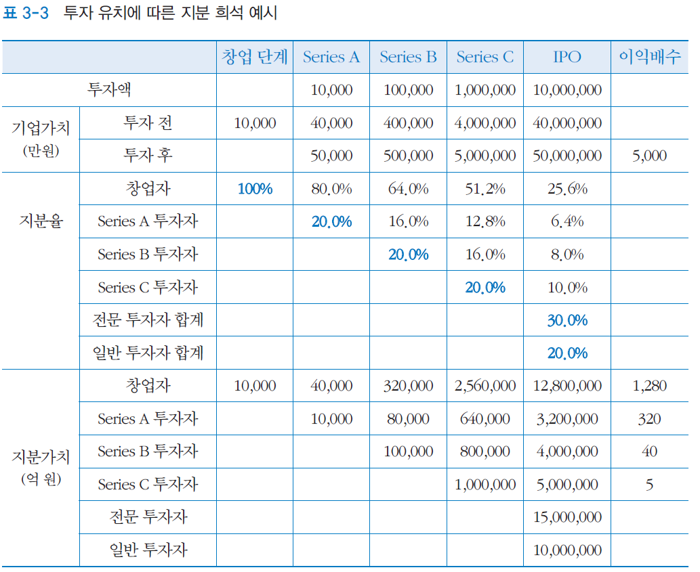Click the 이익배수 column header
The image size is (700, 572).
[649, 57]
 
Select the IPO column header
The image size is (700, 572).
[567, 57]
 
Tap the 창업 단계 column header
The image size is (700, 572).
[255, 57]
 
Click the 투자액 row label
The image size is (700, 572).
[114, 89]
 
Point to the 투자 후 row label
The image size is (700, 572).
[148, 155]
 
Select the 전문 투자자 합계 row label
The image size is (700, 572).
[148, 320]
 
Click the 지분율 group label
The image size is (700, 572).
[41, 221]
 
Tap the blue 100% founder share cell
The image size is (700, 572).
[255, 189]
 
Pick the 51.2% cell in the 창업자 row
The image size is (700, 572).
[485, 189]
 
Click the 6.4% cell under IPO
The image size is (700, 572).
[567, 221]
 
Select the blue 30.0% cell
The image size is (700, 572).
[567, 320]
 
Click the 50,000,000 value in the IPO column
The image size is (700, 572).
[567, 156]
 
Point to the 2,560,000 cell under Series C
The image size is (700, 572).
[485, 386]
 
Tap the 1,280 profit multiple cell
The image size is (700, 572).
[649, 386]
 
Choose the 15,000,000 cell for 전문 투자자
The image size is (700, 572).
[567, 517]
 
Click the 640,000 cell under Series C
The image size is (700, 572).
[485, 419]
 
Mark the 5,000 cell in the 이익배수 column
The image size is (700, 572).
[649, 156]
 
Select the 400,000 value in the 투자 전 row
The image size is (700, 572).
[408, 123]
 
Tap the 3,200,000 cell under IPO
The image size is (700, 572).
[567, 419]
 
